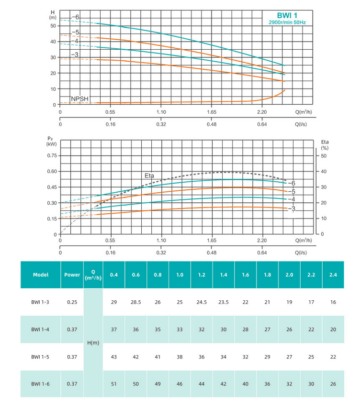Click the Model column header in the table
pyautogui.click(x=40, y=275)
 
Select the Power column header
pyautogui.click(x=72, y=275)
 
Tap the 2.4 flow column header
pyautogui.click(x=333, y=274)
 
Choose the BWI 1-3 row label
pyautogui.click(x=40, y=302)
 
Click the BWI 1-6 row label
pyautogui.click(x=40, y=383)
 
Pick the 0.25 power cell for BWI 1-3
pyautogui.click(x=72, y=302)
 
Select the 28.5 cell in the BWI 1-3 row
pyautogui.click(x=135, y=302)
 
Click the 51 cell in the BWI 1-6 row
pyautogui.click(x=114, y=383)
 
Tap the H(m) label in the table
pyautogui.click(x=93, y=343)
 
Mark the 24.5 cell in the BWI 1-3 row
pyautogui.click(x=202, y=302)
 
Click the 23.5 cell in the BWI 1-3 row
pyautogui.click(x=224, y=302)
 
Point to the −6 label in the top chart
pyautogui.click(x=75, y=17)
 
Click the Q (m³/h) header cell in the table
pyautogui.click(x=93, y=275)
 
